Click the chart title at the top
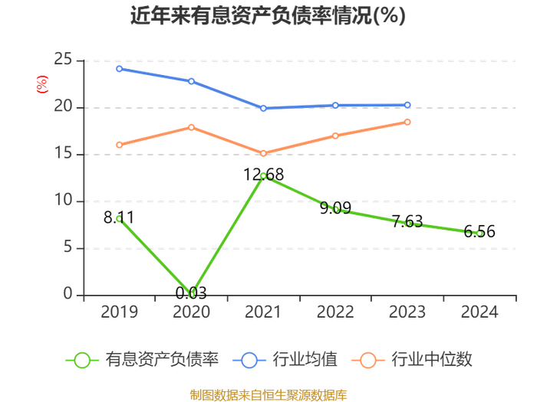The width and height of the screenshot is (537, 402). [x=268, y=15]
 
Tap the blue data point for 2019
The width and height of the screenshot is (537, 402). [x=119, y=69]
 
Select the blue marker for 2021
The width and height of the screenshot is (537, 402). [x=263, y=108]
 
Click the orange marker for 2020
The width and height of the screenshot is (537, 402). [x=192, y=128]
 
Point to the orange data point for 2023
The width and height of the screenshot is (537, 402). [x=407, y=122]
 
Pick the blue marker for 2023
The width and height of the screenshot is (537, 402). [x=407, y=105]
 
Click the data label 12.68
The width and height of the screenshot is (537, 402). [x=263, y=175]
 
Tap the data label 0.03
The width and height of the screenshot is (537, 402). [x=191, y=293]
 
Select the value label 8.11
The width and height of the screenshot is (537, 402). [x=119, y=217]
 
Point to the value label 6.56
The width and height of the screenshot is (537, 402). [x=479, y=231]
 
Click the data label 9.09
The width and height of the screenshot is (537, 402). [x=335, y=208]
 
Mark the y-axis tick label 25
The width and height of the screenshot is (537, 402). [x=63, y=60]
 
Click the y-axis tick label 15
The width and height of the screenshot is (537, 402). [x=63, y=153]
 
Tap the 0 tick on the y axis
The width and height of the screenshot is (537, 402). [x=68, y=294]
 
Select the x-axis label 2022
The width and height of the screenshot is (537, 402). [x=335, y=312]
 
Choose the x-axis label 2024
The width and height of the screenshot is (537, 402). [x=479, y=312]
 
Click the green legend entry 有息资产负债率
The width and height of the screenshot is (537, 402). [x=142, y=360]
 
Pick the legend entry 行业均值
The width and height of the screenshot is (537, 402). [x=285, y=360]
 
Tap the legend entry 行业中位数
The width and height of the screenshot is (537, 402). [x=412, y=360]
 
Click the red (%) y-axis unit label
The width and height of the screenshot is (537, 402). [x=42, y=84]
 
